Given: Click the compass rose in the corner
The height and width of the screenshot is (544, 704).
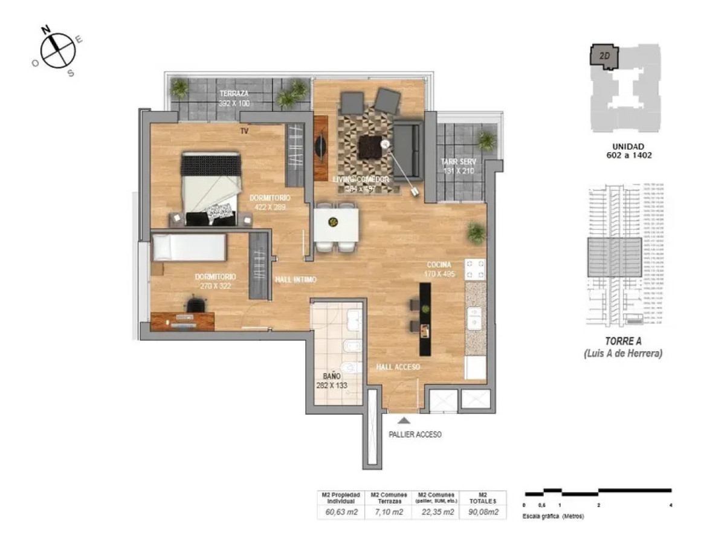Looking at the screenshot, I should pyautogui.click(x=57, y=50).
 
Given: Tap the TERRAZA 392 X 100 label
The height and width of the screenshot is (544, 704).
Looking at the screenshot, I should pyautogui.click(x=234, y=99).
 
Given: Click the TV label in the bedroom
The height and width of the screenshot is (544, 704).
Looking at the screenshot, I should pyautogui.click(x=245, y=131).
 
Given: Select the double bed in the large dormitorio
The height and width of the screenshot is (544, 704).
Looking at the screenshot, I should pyautogui.click(x=211, y=189).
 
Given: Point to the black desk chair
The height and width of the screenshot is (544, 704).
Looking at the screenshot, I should pyautogui.click(x=195, y=306).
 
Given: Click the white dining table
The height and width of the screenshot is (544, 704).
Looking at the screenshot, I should pyautogui.click(x=336, y=225).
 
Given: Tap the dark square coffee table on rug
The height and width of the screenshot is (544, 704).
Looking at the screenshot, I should pyautogui.click(x=369, y=147).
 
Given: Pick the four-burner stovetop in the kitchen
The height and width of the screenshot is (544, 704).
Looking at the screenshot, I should pyautogui.click(x=476, y=270).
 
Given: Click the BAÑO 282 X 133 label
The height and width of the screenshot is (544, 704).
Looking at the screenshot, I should pyautogui.click(x=332, y=380).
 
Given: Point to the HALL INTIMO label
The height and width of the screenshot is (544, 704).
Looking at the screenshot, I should pyautogui.click(x=296, y=280).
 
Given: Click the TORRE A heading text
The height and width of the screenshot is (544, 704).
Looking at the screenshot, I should pyautogui.click(x=623, y=341).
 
